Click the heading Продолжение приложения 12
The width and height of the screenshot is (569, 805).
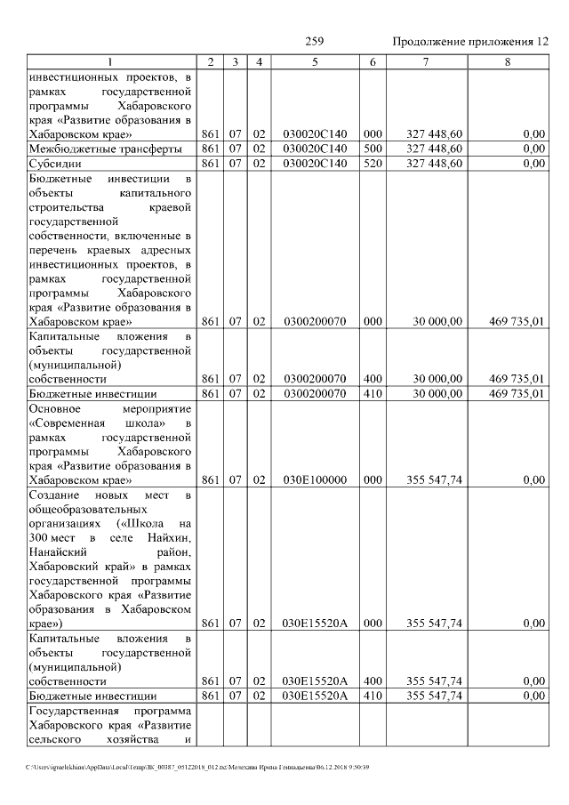(x=470, y=42)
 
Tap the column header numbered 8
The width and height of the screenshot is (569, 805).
(x=508, y=61)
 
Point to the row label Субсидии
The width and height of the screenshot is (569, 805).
(x=56, y=163)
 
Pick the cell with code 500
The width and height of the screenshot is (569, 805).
(x=373, y=149)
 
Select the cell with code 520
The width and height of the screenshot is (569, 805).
(x=373, y=163)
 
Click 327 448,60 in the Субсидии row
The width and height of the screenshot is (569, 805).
(x=435, y=163)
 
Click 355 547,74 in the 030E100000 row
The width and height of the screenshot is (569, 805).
(x=435, y=480)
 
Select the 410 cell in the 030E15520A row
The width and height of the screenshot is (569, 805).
(x=373, y=696)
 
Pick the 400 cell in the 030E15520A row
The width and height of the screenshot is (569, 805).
(x=373, y=680)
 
